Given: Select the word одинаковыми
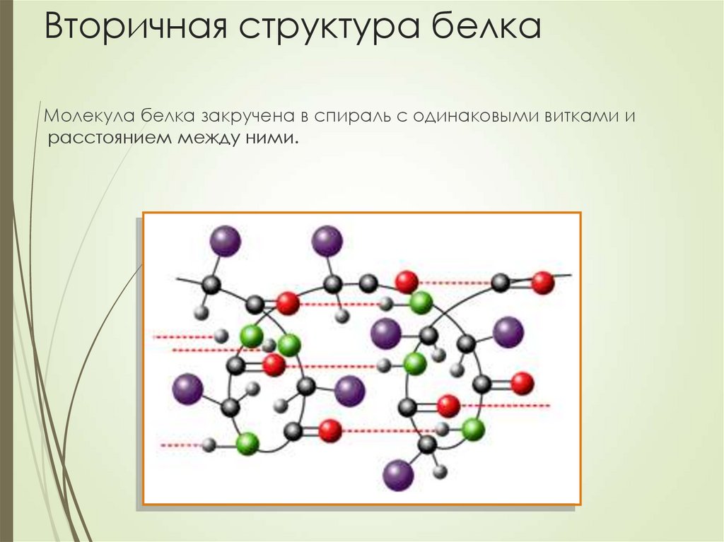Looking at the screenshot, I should click(x=475, y=116).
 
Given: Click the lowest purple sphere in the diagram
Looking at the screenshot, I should click(x=398, y=474).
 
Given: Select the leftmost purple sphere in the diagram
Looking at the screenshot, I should click(x=187, y=389).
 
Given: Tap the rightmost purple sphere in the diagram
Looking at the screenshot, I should click(x=508, y=331).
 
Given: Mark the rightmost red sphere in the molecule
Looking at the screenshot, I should click(x=543, y=283).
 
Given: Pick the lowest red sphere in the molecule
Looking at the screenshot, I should click(x=330, y=430).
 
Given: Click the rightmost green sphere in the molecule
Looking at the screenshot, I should click(x=473, y=428).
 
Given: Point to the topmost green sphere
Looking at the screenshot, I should click(x=421, y=302).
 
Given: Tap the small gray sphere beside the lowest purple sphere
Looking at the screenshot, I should click(x=440, y=471).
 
